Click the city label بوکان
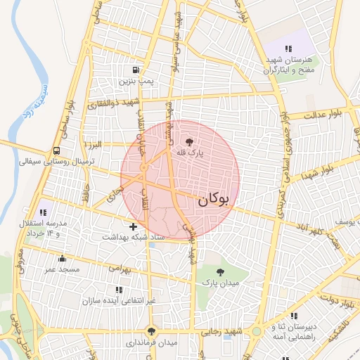(214, 199)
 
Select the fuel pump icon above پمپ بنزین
(135, 70)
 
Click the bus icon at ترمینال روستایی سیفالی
(56, 150)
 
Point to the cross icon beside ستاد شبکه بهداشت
(134, 226)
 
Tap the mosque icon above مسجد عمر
(62, 258)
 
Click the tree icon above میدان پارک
(221, 271)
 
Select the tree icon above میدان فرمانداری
(151, 331)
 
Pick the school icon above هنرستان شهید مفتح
(288, 49)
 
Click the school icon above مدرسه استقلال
(44, 212)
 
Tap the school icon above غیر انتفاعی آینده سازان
(117, 289)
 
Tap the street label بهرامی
(121, 268)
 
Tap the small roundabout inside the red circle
(143, 168)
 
